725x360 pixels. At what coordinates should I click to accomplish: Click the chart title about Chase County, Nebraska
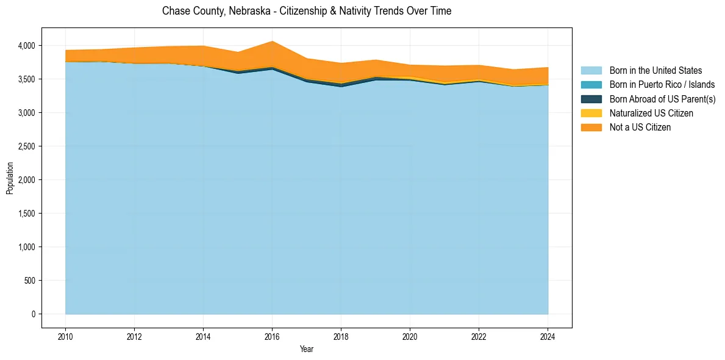[x=307, y=11]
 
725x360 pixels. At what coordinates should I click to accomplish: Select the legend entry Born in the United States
[x=655, y=71]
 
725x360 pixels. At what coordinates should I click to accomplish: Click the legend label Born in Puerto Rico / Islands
[x=662, y=85]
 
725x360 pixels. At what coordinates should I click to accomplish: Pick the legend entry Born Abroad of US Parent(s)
[x=662, y=99]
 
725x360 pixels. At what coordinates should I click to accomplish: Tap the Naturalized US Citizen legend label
[x=651, y=113]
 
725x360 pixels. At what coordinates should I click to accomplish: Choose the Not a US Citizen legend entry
[x=640, y=128]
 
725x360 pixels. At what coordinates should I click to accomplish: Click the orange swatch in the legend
[x=591, y=128]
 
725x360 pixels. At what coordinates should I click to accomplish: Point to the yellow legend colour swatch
[x=591, y=113]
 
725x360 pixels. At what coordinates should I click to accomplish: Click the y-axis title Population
[x=10, y=178]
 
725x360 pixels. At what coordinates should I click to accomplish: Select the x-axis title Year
[x=307, y=349]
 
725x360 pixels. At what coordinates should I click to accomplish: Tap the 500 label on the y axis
[x=30, y=281]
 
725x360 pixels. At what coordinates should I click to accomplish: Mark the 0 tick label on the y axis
[x=34, y=314]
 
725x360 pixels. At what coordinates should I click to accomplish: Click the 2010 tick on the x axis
[x=65, y=335]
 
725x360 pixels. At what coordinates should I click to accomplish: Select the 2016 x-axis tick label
[x=272, y=335]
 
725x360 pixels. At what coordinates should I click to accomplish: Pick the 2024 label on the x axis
[x=548, y=335]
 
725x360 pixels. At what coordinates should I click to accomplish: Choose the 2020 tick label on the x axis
[x=410, y=335]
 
